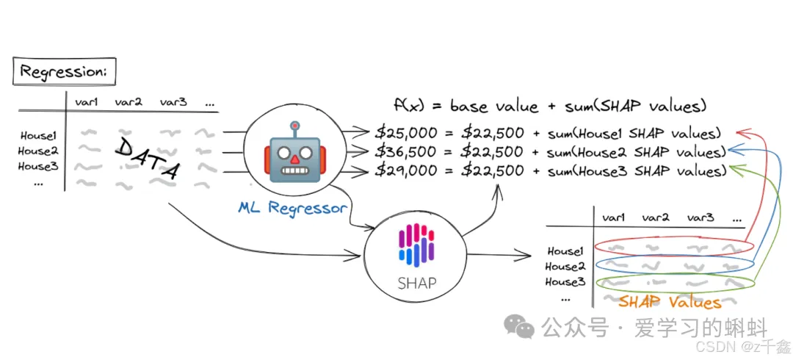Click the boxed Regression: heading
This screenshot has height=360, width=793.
coord(64,72)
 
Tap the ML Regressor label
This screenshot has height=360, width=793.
coord(292,208)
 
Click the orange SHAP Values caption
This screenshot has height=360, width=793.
coord(669,302)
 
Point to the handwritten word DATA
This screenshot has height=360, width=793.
coord(148,157)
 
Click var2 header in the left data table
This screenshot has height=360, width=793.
coord(128,103)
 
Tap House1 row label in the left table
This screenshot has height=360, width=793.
coord(37,136)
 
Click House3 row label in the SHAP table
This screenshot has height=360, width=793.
coord(565,282)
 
